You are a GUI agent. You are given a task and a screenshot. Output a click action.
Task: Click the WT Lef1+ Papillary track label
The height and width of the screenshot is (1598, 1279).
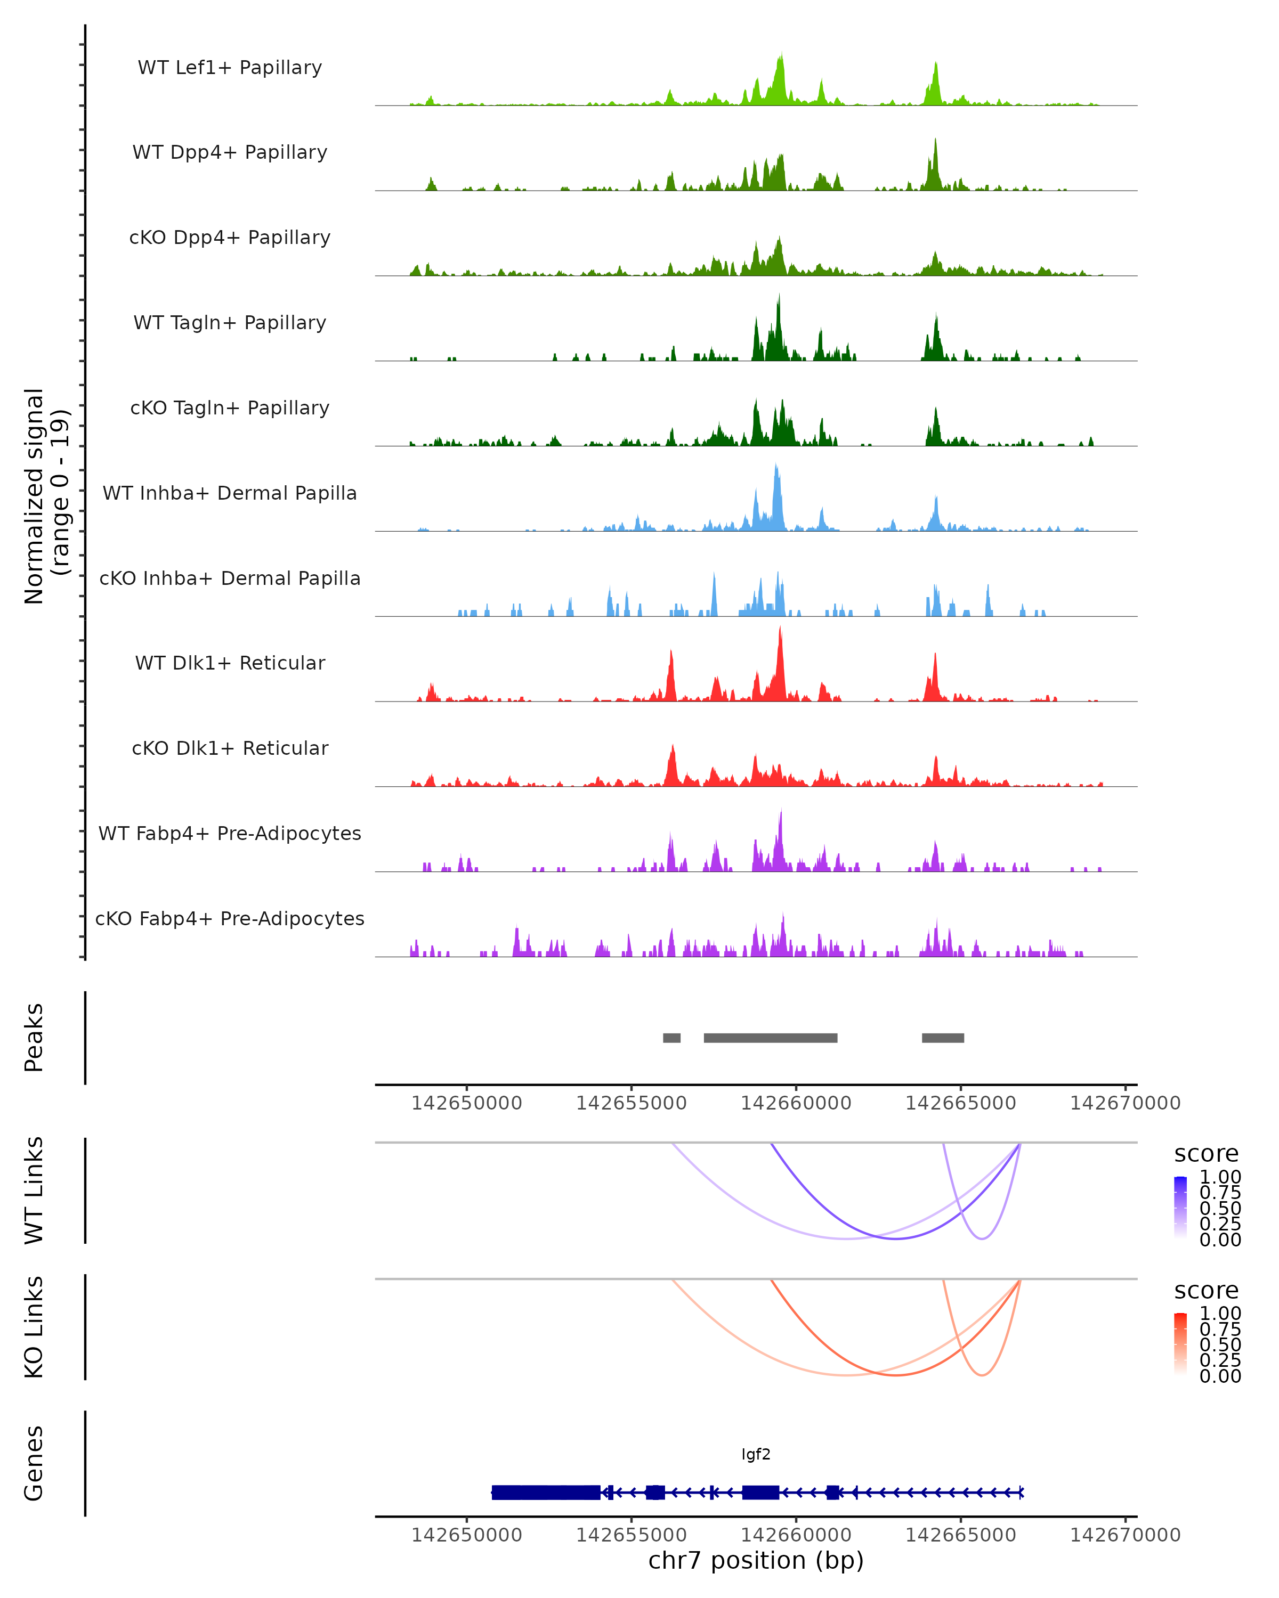pyautogui.click(x=230, y=68)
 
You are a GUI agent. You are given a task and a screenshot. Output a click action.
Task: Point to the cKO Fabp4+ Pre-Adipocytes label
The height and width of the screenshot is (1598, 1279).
pyautogui.click(x=230, y=918)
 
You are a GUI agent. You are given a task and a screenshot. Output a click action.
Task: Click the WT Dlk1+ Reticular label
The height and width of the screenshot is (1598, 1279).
pyautogui.click(x=230, y=663)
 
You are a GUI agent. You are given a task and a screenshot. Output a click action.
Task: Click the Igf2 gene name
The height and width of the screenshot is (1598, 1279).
pyautogui.click(x=756, y=1454)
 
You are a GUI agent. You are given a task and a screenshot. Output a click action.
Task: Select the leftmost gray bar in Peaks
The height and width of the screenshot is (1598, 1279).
pyautogui.click(x=672, y=1038)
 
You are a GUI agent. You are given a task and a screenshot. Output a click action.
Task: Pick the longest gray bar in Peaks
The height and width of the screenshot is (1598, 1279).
pyautogui.click(x=771, y=1038)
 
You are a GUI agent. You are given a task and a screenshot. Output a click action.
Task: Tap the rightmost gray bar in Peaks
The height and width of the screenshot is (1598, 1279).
pyautogui.click(x=942, y=1038)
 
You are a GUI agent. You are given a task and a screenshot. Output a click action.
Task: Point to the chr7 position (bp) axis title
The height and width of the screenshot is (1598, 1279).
pyautogui.click(x=756, y=1560)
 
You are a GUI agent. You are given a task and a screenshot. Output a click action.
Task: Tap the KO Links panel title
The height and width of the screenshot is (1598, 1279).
pyautogui.click(x=34, y=1327)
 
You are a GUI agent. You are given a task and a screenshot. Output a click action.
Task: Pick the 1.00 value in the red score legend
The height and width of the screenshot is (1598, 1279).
pyautogui.click(x=1220, y=1314)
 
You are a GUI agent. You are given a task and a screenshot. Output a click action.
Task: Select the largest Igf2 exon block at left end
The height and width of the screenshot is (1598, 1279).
pyautogui.click(x=546, y=1492)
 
